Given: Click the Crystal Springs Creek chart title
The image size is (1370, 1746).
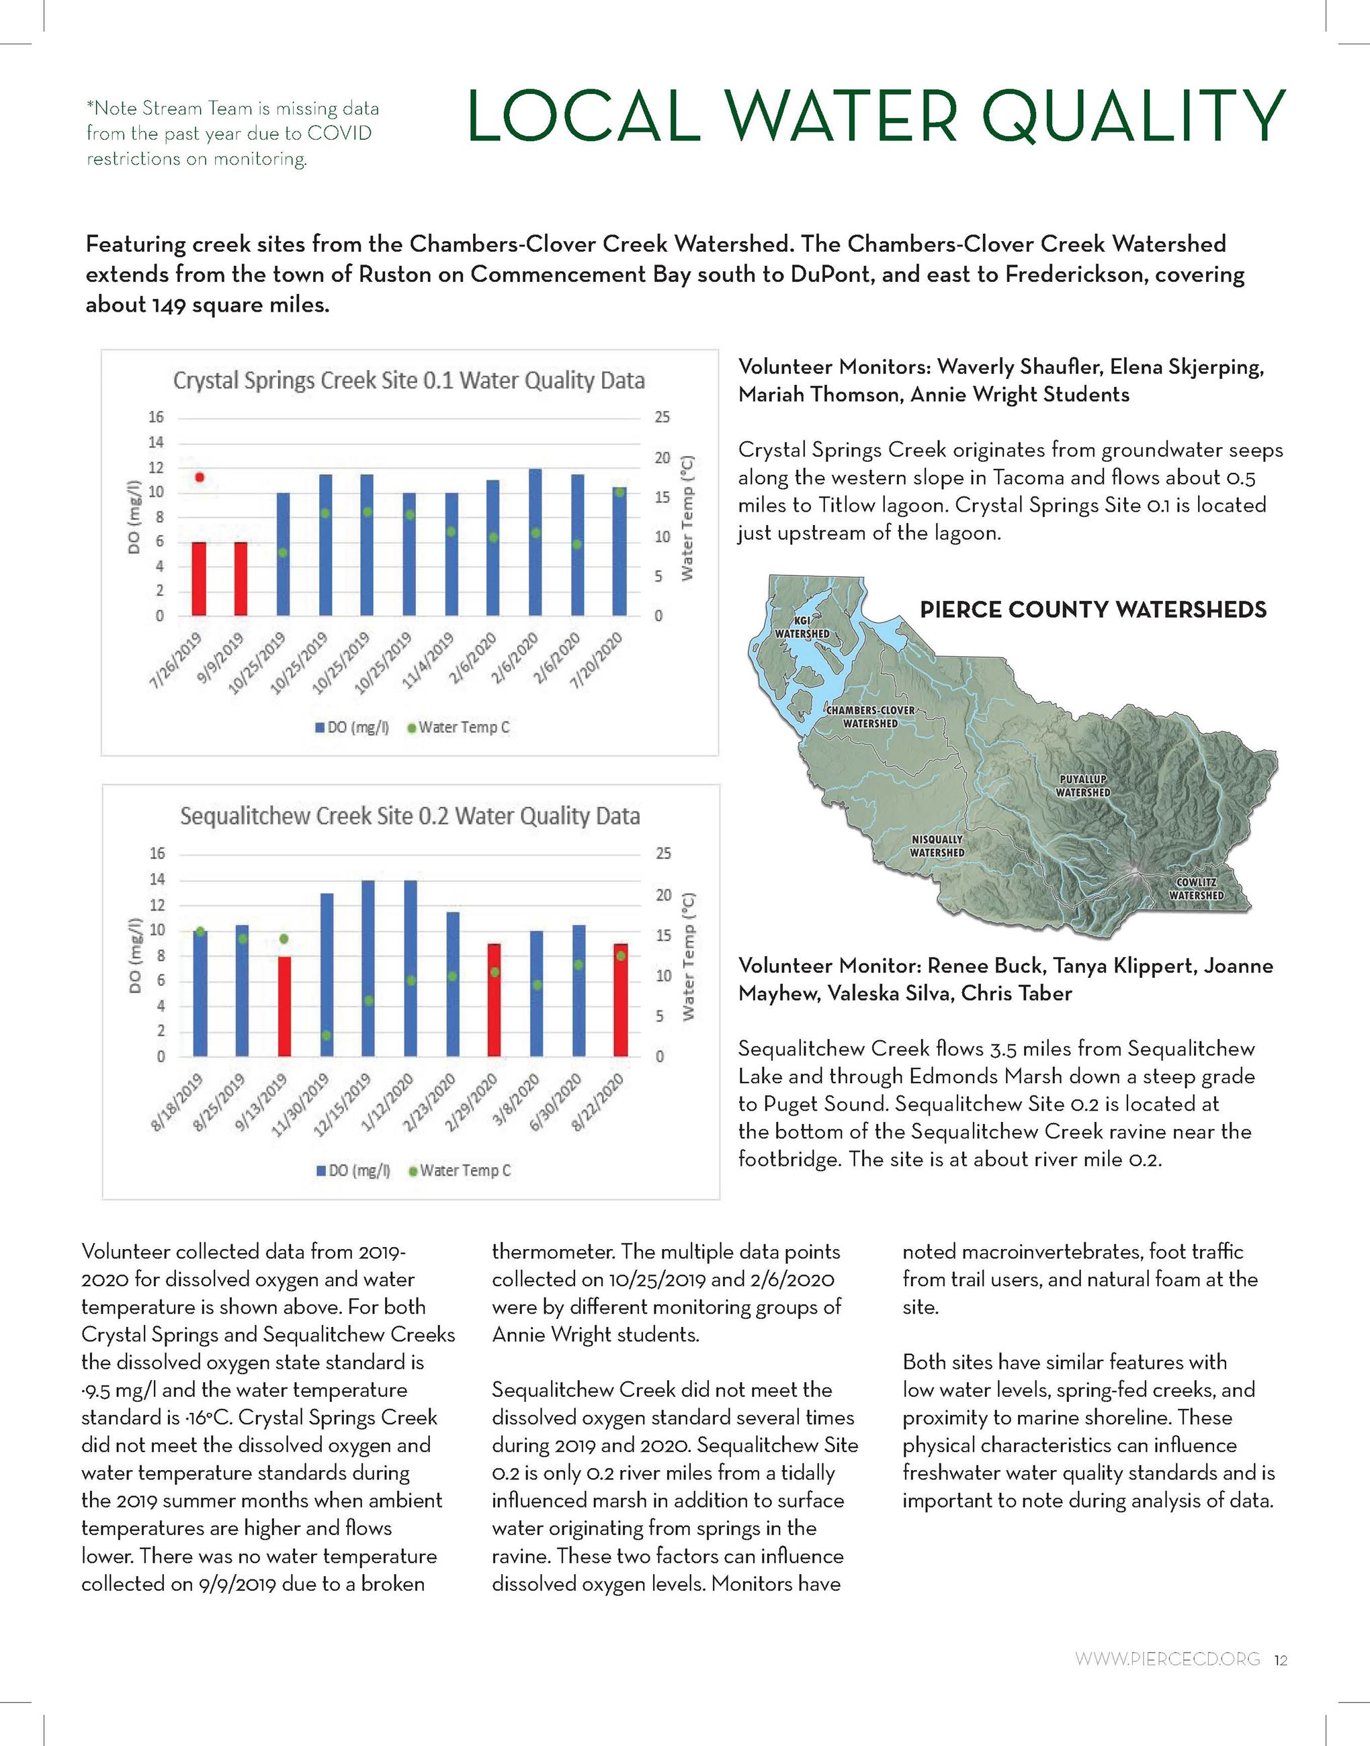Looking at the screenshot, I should tap(409, 380).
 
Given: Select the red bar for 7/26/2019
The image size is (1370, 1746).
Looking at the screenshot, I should tap(199, 579).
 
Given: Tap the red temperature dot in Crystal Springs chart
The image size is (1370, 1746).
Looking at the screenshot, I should tap(200, 477).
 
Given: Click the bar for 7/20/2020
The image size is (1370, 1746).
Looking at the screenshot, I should tap(619, 551).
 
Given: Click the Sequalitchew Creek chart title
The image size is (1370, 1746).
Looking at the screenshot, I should tap(410, 816).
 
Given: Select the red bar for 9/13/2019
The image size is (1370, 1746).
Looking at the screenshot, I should tap(284, 1006).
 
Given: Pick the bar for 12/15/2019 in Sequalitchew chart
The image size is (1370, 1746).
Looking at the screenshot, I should tap(368, 968).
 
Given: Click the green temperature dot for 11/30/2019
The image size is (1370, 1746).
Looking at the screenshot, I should tap(327, 1035).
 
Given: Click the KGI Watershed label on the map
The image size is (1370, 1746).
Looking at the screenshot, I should tap(802, 628).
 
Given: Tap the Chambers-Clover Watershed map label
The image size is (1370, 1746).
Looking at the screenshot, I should tap(870, 717).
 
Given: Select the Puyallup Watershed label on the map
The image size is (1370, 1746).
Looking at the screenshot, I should tap(1083, 786).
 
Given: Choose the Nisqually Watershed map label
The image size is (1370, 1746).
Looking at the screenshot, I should tap(937, 845).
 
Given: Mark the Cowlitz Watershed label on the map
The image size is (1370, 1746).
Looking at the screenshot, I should tap(1196, 889).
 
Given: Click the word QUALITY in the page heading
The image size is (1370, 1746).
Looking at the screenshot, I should tap(1134, 117).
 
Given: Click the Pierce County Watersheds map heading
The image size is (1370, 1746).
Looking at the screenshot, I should tap(1093, 610).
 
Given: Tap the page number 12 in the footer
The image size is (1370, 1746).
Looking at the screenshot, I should tap(1280, 1659).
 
